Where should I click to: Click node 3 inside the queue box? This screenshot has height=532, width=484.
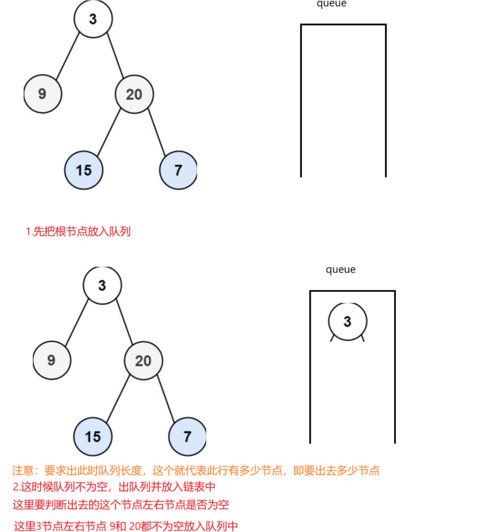coord(347,321)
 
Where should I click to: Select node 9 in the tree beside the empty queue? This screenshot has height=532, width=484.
coord(42,94)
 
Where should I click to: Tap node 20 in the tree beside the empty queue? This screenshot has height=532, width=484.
coord(134,94)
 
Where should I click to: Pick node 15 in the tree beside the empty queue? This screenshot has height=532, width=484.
coord(84,170)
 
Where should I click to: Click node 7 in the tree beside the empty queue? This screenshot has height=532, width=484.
coord(178,170)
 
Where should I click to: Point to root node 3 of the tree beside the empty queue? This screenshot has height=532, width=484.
coord(93,19)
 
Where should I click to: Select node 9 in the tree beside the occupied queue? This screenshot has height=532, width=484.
coord(51,360)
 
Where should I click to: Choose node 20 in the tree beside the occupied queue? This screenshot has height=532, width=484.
coord(143,361)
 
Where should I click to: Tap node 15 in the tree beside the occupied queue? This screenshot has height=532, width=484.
coord(93,437)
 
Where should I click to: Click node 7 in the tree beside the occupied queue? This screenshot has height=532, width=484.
coord(187,437)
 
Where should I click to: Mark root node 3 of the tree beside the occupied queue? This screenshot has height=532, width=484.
coord(102,285)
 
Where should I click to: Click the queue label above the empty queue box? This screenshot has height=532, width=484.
coord(332,4)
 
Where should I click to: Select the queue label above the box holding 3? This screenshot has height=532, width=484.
coord(340,269)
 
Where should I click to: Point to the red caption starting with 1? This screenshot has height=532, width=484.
coord(78,231)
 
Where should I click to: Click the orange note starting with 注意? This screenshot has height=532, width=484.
coord(196,471)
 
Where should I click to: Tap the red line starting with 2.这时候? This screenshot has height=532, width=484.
coord(114,487)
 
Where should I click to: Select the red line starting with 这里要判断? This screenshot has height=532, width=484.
coord(121,505)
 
